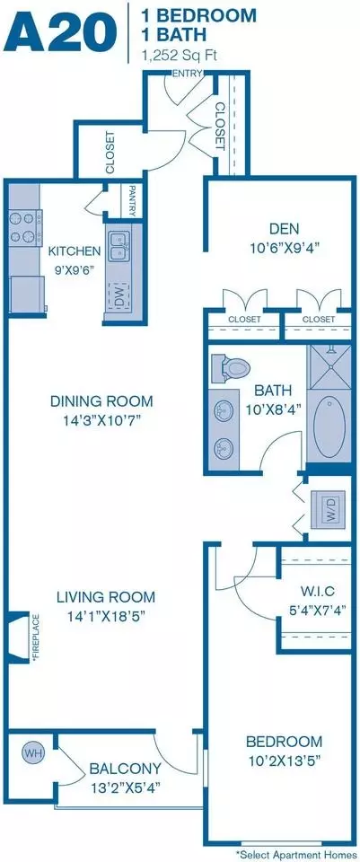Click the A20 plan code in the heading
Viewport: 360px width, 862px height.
coord(62,32)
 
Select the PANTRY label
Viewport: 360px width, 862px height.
coord(132,200)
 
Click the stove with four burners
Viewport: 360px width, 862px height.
coord(25,228)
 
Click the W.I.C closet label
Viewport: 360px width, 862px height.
coord(312,591)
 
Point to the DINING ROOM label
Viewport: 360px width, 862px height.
coord(101,400)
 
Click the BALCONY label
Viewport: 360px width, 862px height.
coord(126,768)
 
